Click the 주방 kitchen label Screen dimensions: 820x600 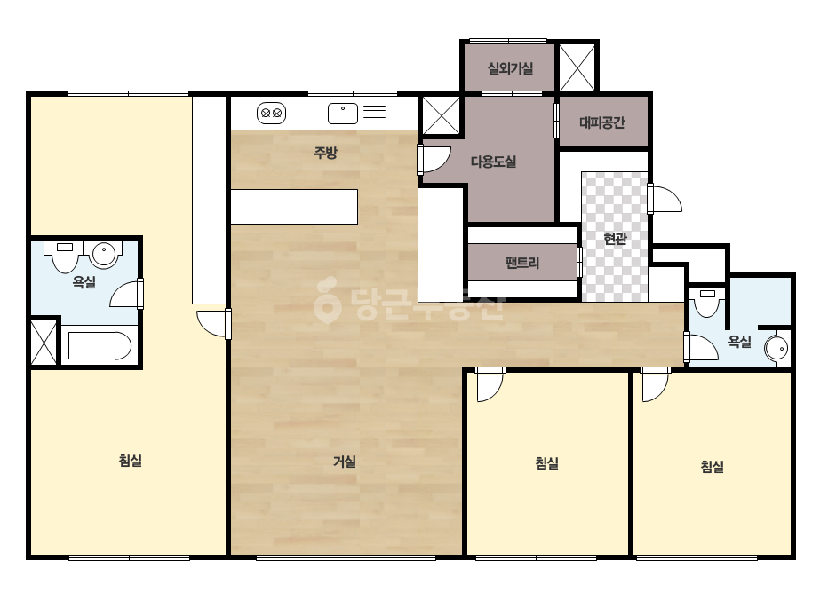pos(325,153)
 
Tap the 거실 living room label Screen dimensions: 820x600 pos(345,462)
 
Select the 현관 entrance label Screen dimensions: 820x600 pos(615,239)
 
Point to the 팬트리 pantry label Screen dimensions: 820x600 pos(521,263)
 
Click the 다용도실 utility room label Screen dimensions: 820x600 pos(493,162)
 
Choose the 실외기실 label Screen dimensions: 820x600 pos(510,68)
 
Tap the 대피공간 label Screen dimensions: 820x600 pos(602,122)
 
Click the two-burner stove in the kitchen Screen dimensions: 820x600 pos(272,113)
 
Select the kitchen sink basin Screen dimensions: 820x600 pos(343,114)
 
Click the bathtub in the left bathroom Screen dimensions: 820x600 pos(100,346)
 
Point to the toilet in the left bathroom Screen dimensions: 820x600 pos(65,257)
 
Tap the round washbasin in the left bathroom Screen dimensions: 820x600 pos(104,255)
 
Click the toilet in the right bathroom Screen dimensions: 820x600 pos(707,304)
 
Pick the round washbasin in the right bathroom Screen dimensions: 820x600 pos(776,348)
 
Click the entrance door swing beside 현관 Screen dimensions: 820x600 pos(665,199)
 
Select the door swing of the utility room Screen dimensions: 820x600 pos(435,160)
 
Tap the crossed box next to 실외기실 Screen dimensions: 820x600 pos(577,67)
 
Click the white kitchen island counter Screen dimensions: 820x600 pos(294,207)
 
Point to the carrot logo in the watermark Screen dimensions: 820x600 pos(327,300)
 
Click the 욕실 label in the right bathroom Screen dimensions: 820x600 pos(739,342)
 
